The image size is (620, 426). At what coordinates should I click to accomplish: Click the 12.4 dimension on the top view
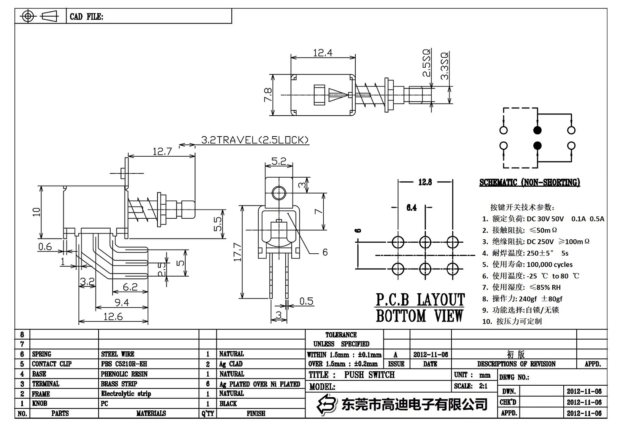323,52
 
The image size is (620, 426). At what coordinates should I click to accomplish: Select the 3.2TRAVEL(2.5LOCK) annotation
255,140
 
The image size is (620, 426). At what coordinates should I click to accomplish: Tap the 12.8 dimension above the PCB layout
425,182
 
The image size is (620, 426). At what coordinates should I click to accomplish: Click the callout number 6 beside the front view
325,252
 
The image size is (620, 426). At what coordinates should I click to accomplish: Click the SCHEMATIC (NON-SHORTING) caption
529,183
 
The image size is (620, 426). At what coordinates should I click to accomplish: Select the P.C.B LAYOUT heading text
420,300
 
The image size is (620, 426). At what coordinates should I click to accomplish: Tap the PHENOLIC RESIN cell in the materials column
124,374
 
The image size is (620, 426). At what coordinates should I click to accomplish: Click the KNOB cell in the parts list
40,404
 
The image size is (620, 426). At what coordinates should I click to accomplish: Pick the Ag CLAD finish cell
231,364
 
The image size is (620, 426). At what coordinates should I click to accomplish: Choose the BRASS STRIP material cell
119,384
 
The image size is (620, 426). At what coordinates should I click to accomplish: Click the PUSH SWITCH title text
369,375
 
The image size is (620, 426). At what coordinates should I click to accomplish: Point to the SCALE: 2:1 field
471,386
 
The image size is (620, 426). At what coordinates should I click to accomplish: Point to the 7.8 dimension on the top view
267,94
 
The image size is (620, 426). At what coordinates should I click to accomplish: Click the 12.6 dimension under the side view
113,316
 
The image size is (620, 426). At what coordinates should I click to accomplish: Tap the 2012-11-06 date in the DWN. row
584,391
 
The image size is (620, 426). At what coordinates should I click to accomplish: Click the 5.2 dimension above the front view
279,161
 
